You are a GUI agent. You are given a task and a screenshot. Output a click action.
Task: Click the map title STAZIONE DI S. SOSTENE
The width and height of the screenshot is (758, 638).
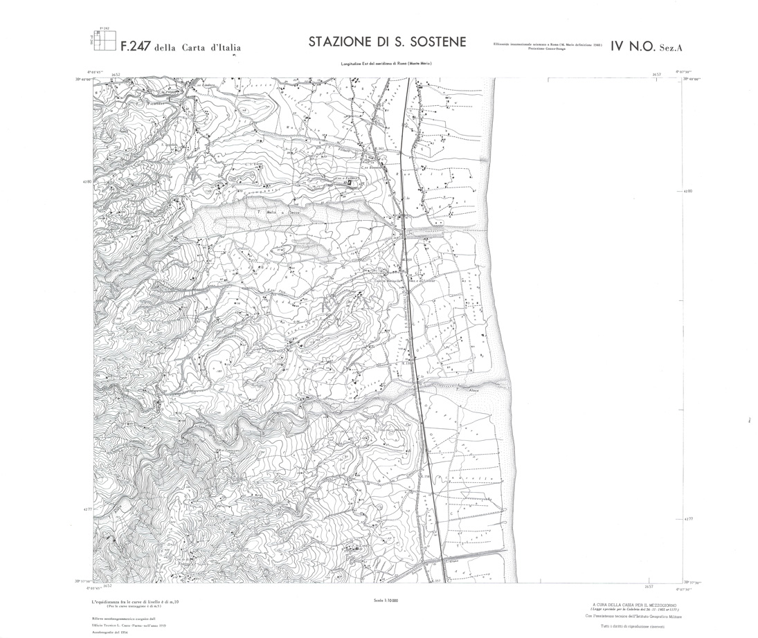tap(388, 43)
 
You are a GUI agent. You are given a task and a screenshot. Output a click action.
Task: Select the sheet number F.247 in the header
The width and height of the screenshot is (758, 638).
tap(136, 48)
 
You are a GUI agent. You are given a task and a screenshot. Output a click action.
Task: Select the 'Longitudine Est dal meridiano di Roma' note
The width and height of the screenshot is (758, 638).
tap(388, 64)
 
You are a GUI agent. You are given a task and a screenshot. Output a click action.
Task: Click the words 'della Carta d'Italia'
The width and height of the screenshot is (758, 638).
tap(198, 48)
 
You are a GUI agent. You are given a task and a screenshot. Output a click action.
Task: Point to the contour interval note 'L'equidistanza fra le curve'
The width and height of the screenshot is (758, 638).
tap(135, 603)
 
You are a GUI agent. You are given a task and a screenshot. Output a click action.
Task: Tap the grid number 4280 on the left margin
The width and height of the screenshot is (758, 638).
tap(87, 182)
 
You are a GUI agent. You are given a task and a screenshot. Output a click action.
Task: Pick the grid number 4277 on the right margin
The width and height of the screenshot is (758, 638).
tap(687, 518)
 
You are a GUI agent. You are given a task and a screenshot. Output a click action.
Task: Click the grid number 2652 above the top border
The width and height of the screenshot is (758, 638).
tap(114, 74)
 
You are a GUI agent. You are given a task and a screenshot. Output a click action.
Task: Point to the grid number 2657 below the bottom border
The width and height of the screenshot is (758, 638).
tap(649, 587)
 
